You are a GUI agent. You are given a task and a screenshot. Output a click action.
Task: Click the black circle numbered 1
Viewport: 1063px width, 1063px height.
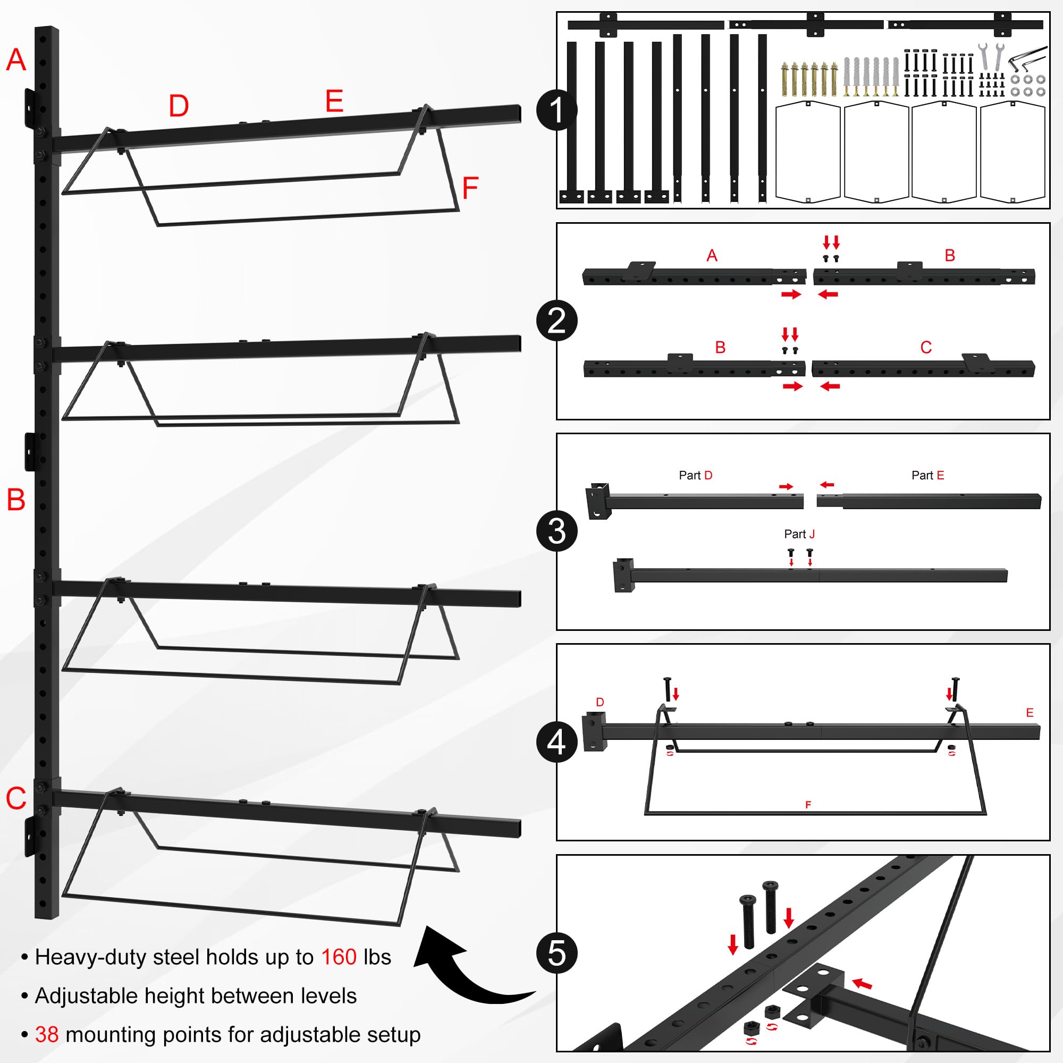[557, 110]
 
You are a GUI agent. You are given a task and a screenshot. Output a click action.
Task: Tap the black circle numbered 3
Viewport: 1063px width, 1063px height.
[557, 531]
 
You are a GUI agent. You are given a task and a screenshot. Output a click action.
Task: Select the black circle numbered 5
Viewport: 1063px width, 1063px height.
[557, 953]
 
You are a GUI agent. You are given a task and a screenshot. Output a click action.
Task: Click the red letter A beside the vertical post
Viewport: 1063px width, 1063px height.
[16, 60]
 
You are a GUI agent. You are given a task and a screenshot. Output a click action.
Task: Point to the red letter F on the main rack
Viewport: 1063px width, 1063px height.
[470, 188]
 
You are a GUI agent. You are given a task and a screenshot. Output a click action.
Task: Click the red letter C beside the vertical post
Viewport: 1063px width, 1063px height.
[16, 798]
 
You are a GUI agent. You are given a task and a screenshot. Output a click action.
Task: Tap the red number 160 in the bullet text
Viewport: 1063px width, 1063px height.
[339, 957]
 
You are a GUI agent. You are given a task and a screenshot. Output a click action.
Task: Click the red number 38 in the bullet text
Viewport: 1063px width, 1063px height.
[47, 1035]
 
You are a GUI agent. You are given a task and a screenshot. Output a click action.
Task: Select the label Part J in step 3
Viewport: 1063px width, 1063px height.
[799, 534]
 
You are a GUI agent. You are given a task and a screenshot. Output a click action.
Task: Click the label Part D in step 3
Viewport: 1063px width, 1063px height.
[695, 475]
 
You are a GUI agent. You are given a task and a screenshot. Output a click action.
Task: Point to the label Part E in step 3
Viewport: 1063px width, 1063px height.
[927, 475]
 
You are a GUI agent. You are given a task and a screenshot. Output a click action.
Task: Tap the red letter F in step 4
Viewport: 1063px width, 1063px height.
[808, 805]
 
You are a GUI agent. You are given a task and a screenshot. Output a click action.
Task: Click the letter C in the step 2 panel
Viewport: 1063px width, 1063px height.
[926, 347]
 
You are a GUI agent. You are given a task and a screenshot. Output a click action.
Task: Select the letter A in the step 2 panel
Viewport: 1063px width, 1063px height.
[712, 255]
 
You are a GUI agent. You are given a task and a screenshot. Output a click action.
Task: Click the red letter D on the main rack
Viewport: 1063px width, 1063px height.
[179, 106]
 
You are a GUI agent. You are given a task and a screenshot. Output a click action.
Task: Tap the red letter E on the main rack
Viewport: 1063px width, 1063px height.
[334, 101]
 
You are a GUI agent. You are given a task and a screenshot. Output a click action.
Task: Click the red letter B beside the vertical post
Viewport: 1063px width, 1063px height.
[16, 500]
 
